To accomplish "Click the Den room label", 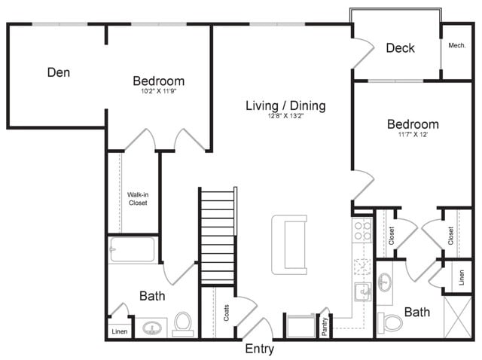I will pos(59,73).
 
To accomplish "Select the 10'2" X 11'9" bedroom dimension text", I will pos(159,91).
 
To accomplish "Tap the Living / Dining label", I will pos(285,105).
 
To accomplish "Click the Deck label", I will pos(400,48).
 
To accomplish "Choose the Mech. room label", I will pos(457,46).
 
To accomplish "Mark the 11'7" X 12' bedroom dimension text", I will pos(413,135).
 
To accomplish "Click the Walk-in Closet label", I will pos(137,199).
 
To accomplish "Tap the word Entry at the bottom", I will pos(260,349).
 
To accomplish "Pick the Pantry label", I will pos(324,325).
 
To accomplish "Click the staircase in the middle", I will pos(218,236).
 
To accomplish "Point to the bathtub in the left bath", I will pos(133,249).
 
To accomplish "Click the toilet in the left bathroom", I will pos(182,324).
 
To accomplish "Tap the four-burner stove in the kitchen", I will pos(362,230).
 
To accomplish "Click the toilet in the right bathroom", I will pos(392,322).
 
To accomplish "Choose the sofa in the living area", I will pos(290,244).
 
